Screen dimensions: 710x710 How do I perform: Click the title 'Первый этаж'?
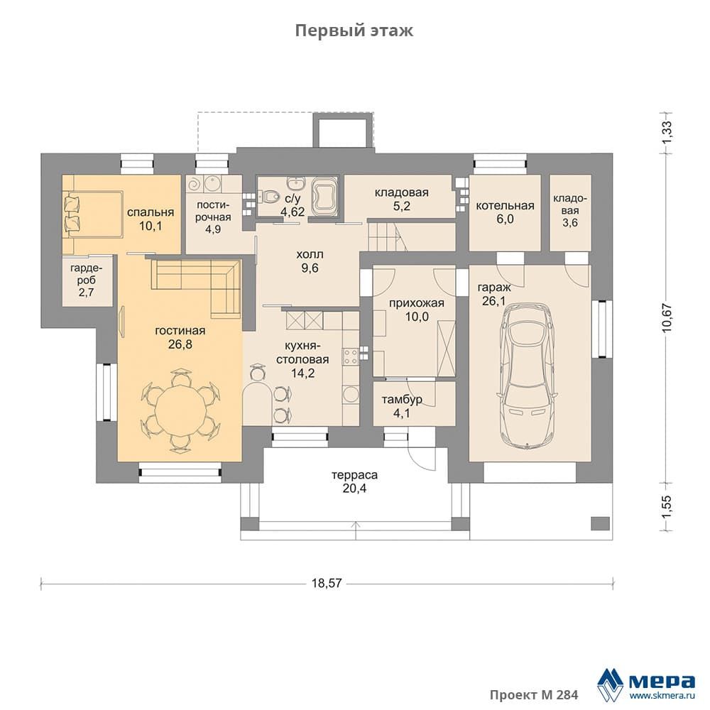(x=354, y=31)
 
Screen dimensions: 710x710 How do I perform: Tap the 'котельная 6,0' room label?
(x=505, y=212)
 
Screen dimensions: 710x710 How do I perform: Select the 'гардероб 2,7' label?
(x=86, y=280)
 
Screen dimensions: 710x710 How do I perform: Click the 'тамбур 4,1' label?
(x=402, y=406)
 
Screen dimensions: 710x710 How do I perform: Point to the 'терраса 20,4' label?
(x=354, y=482)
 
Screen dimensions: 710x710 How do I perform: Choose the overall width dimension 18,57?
(x=327, y=583)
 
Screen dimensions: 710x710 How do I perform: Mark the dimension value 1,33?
(x=667, y=133)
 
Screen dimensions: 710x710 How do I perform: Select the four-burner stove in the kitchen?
(x=350, y=356)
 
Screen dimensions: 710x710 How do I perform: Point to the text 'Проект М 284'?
(x=534, y=694)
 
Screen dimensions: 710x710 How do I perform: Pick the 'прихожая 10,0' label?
(x=417, y=310)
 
